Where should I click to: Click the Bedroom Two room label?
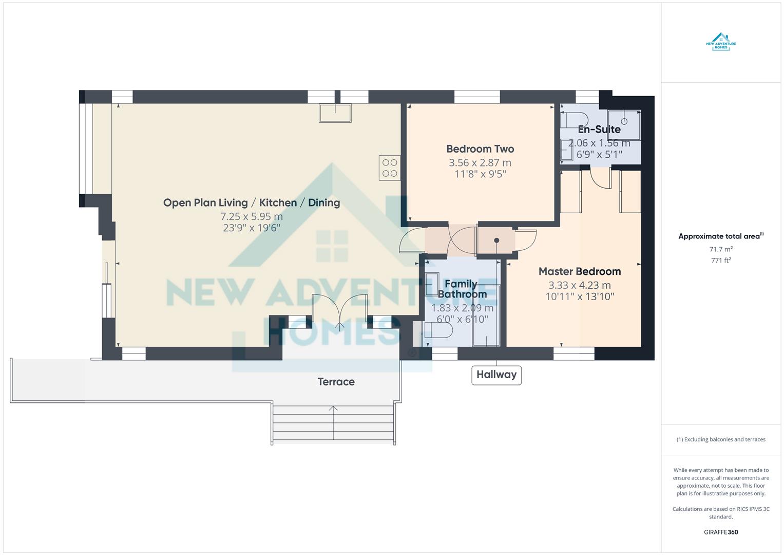pos(480,149)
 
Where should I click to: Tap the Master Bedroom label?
pos(579,271)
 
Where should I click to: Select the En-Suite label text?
pos(599,129)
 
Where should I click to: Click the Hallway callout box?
pos(496,375)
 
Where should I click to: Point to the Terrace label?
pos(336,382)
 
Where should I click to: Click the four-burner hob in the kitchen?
pos(390,168)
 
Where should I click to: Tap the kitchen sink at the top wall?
pos(335,113)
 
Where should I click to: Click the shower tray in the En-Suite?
pos(624,124)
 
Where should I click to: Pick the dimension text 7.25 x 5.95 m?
pos(252,216)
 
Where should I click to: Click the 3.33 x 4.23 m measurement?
pos(579,285)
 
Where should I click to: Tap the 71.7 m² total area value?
pos(720,249)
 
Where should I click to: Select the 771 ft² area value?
pos(720,261)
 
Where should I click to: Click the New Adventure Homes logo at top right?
pos(721,41)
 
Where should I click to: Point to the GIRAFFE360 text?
pos(720,532)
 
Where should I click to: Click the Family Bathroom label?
pos(462,289)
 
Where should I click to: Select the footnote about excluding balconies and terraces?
pos(720,439)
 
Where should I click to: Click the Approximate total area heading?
pos(720,236)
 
